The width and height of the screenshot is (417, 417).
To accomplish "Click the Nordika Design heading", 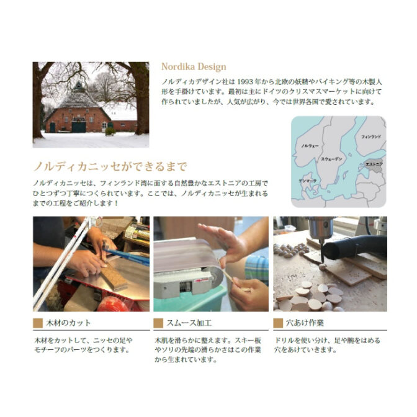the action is click(194, 66).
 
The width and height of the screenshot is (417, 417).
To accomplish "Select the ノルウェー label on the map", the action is click(310, 146).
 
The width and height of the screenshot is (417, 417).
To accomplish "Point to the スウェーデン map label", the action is click(331, 159).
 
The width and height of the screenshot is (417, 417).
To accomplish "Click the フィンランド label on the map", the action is click(371, 137).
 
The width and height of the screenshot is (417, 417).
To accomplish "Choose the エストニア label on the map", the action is click(374, 164).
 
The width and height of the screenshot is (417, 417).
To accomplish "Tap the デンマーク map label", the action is click(307, 181).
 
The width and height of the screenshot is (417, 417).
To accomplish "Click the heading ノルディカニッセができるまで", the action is click(110, 167).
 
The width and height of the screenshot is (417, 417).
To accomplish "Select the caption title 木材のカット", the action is click(68, 323).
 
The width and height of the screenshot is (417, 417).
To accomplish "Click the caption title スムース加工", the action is click(189, 323).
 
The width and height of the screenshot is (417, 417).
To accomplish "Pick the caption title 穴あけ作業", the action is click(305, 323).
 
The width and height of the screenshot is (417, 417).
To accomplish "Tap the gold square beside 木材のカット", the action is click(38, 323).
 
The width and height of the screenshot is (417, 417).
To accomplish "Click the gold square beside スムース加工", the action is click(158, 323).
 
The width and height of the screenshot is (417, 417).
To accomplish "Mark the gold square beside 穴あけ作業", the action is click(278, 323).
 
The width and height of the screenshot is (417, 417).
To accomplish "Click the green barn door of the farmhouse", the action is click(79, 127).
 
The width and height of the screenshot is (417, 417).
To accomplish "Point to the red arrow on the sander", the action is click(201, 280).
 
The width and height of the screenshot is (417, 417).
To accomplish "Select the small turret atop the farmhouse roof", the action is click(78, 87).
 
